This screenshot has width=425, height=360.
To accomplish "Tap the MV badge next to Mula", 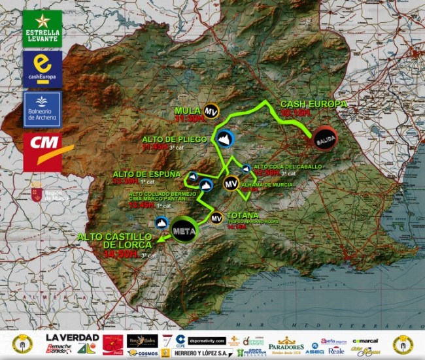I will click(211, 112).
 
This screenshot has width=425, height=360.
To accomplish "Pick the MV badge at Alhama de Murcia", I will click(230, 184).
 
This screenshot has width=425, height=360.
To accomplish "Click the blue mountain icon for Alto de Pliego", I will click(224, 139).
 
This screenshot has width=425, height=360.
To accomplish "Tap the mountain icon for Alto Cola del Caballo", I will click(246, 169).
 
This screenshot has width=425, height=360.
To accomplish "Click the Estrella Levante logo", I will click(42, 28).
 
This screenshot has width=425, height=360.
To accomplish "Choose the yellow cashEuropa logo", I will click(42, 69).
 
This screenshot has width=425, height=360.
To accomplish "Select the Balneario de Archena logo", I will click(42, 109).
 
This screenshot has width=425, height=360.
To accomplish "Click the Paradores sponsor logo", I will click(286, 343).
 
